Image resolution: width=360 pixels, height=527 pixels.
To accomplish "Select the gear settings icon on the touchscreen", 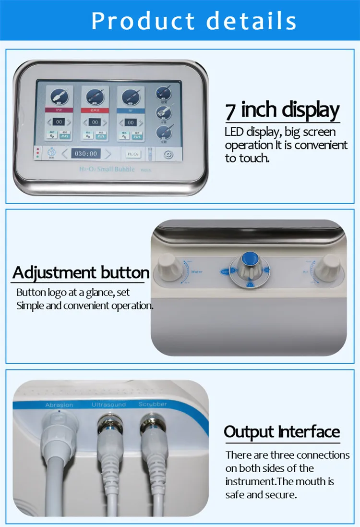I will point(168,154).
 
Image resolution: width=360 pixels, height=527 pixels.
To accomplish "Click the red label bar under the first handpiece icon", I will point(59,110).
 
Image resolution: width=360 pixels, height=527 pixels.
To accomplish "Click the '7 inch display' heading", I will point(282,110).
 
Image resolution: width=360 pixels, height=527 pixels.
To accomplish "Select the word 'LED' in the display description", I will point(234,132).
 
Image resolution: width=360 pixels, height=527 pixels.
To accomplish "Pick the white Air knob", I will point(330,265).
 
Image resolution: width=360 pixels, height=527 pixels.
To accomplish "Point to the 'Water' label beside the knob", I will point(197,272).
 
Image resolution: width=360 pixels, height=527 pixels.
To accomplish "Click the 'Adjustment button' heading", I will point(81,272).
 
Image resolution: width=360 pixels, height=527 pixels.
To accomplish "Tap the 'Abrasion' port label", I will point(59,405).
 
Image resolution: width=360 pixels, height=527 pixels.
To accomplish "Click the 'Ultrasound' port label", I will point(108,404).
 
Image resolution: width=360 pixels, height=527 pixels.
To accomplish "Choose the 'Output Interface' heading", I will point(282,431).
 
